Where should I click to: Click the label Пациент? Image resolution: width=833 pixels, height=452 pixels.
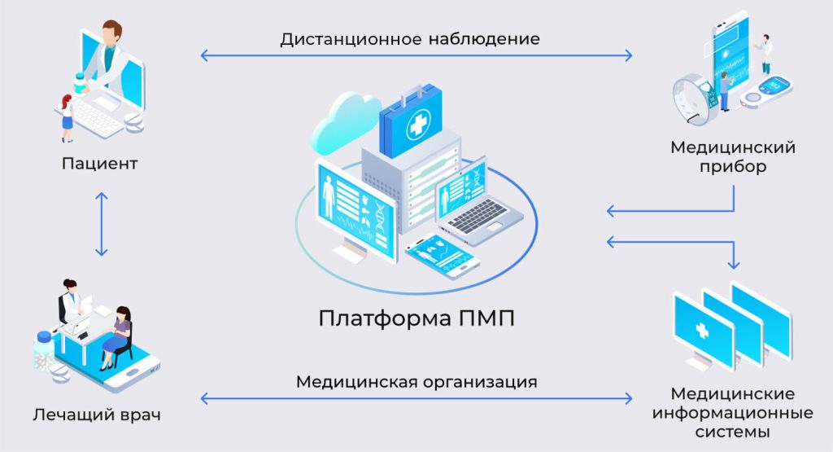pos(99,164)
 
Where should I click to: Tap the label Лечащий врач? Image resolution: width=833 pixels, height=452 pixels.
pos(97,415)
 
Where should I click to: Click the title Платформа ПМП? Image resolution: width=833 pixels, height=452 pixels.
pos(416,317)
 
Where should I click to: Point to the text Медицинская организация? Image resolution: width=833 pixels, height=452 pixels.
pos(416,380)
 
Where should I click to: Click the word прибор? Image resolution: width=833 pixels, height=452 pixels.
pos(732,167)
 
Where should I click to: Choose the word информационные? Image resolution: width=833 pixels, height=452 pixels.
pos(732,412)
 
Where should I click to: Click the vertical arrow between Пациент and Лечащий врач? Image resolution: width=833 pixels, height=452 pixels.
pos(100,224)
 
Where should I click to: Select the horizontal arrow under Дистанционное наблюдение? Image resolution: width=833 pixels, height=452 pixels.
pos(416,55)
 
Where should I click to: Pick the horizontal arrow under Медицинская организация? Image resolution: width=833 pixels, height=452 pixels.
pos(416,398)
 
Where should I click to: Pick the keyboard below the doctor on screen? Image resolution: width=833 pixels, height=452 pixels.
pos(97,119)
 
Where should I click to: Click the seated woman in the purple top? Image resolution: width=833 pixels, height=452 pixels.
pos(120,330)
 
